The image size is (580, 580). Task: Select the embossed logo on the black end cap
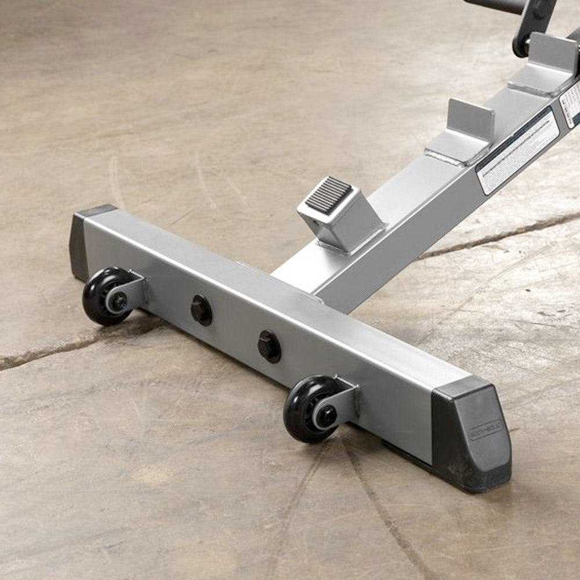click(x=485, y=430)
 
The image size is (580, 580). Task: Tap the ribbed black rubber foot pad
click(x=329, y=195)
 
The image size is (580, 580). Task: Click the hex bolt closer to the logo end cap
click(x=269, y=346)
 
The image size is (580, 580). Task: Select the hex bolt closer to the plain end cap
click(x=201, y=310)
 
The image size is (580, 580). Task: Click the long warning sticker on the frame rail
click(x=517, y=152)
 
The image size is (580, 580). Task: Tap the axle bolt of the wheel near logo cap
click(x=325, y=416)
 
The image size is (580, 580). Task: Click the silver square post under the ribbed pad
click(x=342, y=229)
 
